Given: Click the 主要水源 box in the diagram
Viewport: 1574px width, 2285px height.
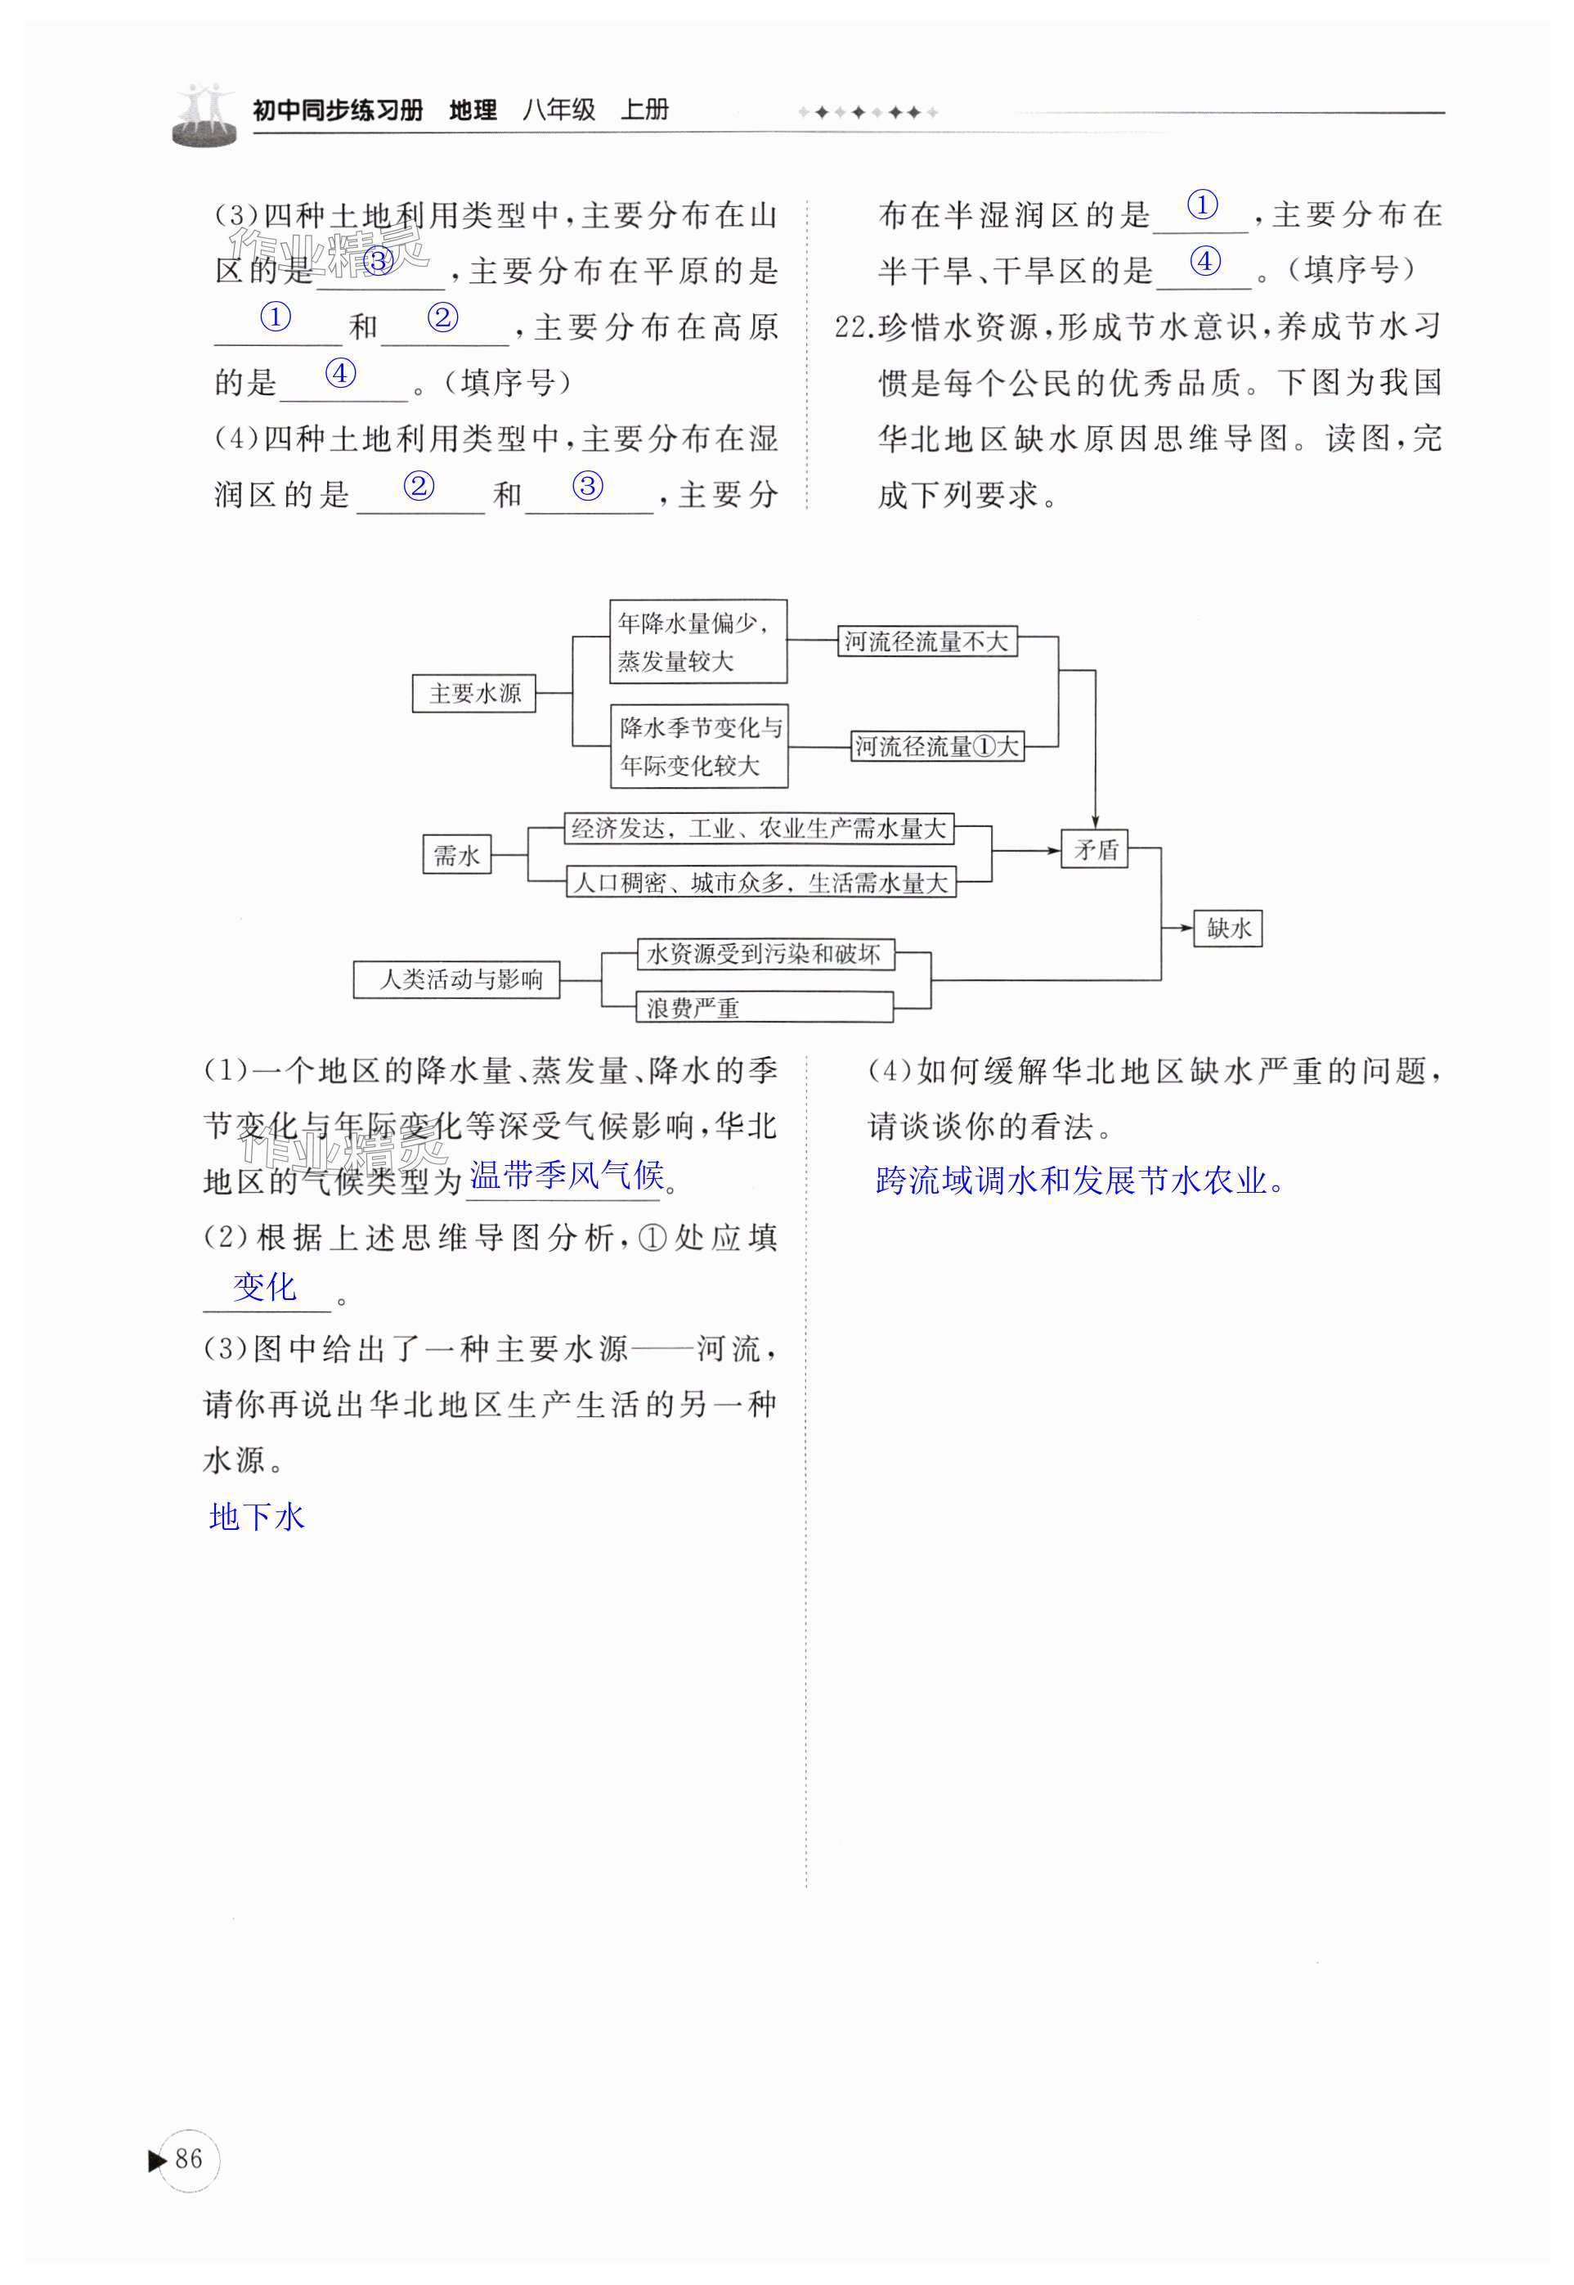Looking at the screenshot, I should coord(473,693).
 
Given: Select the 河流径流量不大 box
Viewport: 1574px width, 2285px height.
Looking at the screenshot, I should coord(926,641).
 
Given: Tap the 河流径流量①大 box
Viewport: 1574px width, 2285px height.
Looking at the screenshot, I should coord(937,746).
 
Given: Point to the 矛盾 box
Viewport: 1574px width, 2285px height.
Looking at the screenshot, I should coord(1095,848).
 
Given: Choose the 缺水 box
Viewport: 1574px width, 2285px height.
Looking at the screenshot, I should coord(1228,928).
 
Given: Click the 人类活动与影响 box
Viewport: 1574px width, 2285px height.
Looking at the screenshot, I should coord(456,980).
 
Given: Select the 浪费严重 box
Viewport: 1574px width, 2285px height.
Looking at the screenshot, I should coord(765,1007).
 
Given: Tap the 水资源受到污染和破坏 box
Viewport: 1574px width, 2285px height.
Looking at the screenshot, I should coord(765,954).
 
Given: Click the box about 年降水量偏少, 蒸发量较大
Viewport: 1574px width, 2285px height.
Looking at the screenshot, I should coord(697,641).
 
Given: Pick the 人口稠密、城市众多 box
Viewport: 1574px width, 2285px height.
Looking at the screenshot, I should coord(760,882).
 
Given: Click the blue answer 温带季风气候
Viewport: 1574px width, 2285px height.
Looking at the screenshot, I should coord(566,1175).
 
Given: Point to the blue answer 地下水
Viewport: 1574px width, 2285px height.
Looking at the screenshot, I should coord(258,1517).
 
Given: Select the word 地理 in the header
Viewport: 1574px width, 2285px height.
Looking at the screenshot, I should coord(473,110).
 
